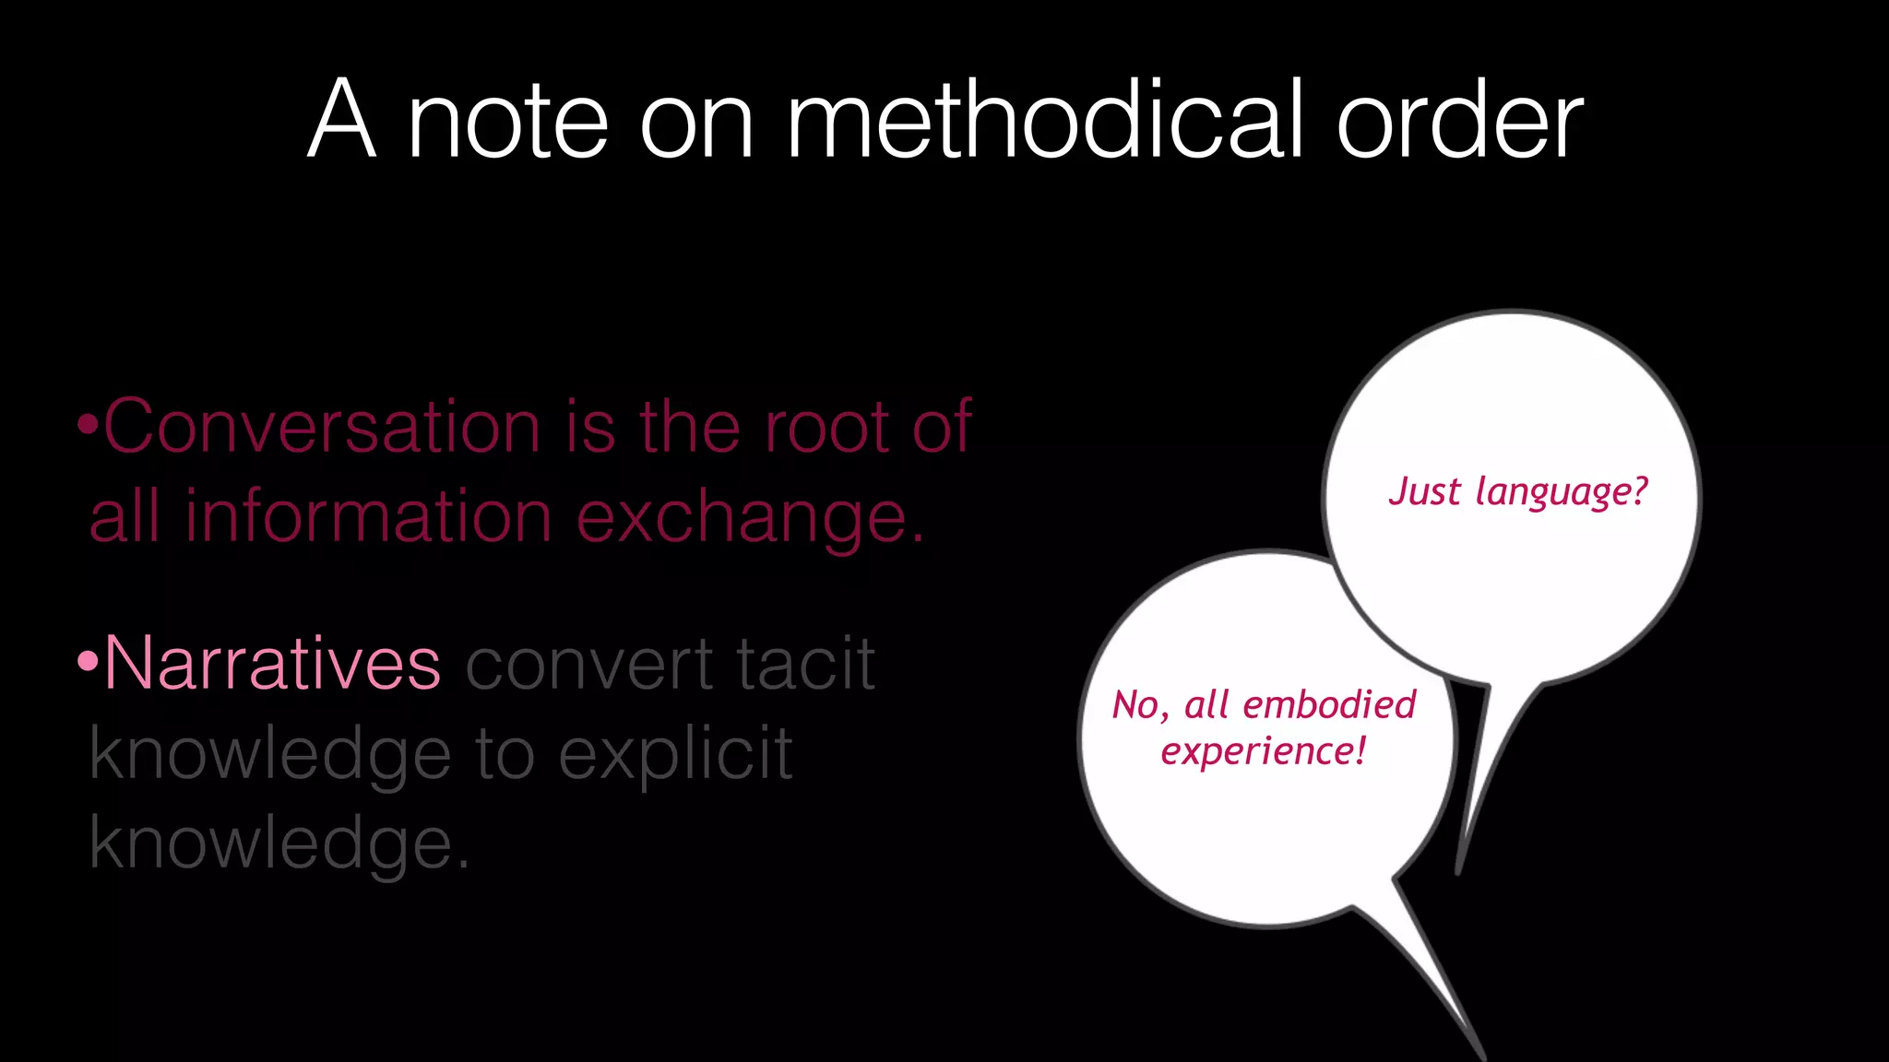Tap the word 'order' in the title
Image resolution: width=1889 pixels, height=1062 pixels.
pyautogui.click(x=1459, y=120)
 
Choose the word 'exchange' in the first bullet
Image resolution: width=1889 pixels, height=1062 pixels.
pyautogui.click(x=749, y=518)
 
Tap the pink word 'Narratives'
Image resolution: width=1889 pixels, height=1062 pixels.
pyautogui.click(x=272, y=664)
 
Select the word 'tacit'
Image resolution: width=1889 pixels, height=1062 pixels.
pyautogui.click(x=804, y=664)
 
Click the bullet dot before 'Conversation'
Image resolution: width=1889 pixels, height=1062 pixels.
pyautogui.click(x=89, y=427)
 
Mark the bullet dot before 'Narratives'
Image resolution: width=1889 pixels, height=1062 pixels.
pyautogui.click(x=89, y=662)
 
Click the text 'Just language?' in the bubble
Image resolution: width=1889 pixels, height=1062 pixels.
pyautogui.click(x=1517, y=492)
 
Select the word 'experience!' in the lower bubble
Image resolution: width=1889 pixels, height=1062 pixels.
pyautogui.click(x=1263, y=751)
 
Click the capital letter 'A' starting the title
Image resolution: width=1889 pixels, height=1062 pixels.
pyautogui.click(x=342, y=120)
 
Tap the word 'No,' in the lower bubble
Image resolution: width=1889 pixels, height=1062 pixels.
pyautogui.click(x=1140, y=706)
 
